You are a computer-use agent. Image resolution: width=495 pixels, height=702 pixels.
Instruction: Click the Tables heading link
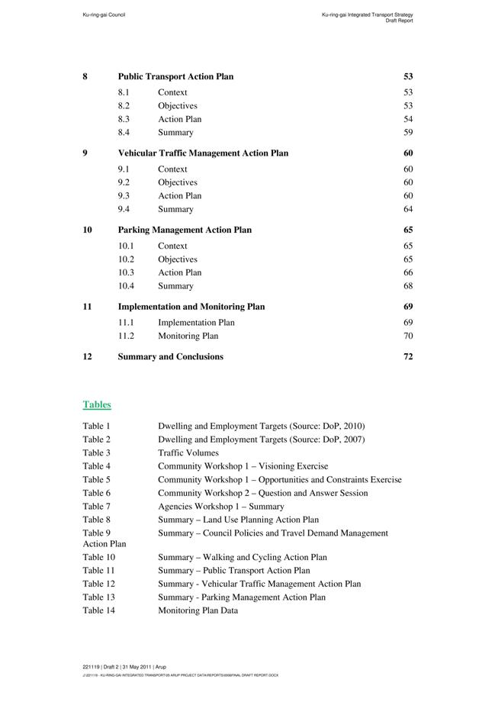(97, 404)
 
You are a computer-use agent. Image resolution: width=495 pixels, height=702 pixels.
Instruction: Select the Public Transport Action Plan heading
(175, 76)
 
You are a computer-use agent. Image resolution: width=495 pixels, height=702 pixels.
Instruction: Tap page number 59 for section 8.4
(408, 133)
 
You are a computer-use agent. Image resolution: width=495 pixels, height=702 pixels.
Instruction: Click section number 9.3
(124, 196)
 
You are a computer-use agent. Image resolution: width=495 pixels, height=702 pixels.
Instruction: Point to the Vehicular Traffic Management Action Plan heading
(203, 153)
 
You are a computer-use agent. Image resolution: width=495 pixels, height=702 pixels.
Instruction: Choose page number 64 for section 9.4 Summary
(408, 209)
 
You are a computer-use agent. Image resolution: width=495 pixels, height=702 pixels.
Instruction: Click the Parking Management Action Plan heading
(185, 230)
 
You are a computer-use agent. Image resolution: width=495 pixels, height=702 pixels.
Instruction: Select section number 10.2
(126, 259)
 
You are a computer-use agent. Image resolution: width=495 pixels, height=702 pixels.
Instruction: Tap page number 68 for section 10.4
(408, 286)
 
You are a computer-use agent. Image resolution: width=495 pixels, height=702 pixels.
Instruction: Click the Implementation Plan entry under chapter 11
(196, 323)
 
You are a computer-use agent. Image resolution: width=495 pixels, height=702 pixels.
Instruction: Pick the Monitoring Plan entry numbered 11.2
(188, 336)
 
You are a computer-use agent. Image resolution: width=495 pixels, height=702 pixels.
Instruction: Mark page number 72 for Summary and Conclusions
(408, 356)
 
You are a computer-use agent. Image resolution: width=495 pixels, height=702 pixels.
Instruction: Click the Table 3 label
(96, 453)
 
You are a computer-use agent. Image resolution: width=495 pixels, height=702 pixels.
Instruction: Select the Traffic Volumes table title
(188, 453)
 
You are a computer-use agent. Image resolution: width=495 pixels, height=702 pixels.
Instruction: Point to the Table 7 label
(96, 507)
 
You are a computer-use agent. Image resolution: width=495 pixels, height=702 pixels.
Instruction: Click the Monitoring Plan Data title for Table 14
(198, 610)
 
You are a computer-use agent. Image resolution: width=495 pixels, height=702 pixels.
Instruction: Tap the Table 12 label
(98, 584)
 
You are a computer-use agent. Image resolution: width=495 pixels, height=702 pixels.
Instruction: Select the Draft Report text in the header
(399, 21)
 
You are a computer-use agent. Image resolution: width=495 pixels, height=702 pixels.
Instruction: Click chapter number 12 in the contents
(88, 356)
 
